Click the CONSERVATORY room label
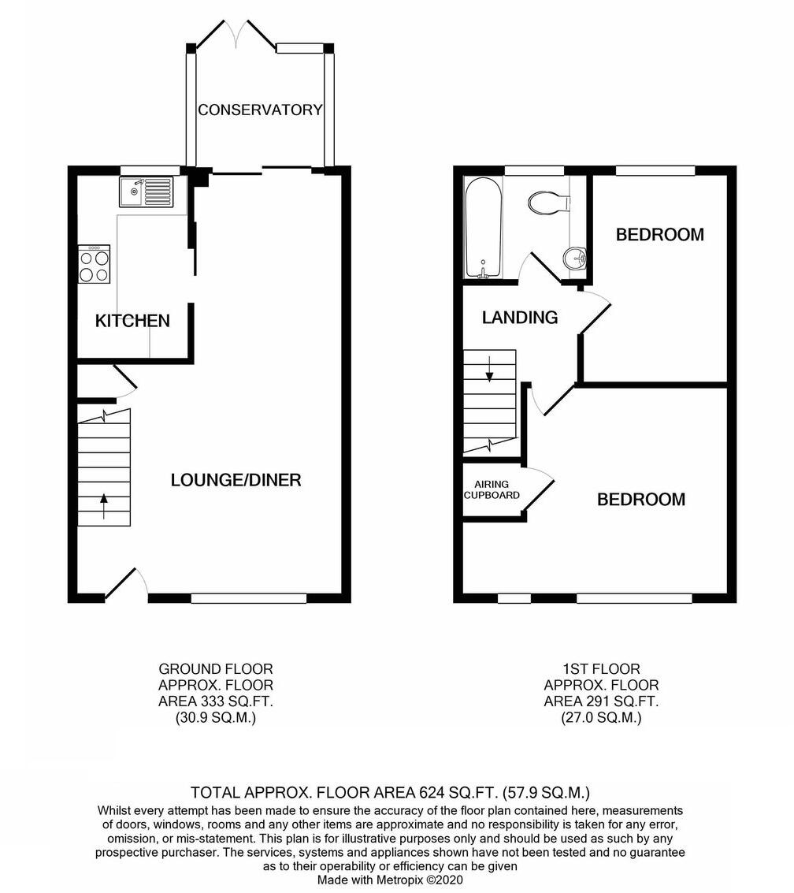(260, 110)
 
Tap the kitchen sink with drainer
(147, 192)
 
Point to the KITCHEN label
(132, 321)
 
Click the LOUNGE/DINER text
(236, 479)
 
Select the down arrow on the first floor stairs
(489, 369)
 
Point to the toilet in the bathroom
(549, 203)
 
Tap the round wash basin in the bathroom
(577, 258)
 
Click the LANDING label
(520, 318)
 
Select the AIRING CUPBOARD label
(492, 490)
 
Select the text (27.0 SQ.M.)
(601, 717)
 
